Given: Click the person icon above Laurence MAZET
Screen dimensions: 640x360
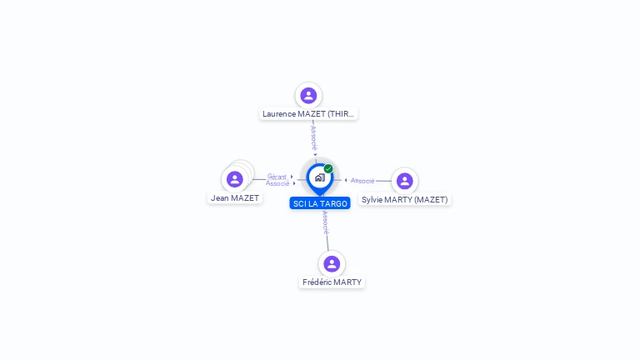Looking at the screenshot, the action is pyautogui.click(x=308, y=96).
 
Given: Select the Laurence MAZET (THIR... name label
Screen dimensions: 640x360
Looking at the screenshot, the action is pyautogui.click(x=308, y=114).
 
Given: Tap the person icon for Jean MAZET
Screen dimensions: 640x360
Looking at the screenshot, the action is pyautogui.click(x=235, y=179).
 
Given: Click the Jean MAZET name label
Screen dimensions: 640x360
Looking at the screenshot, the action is pyautogui.click(x=235, y=198).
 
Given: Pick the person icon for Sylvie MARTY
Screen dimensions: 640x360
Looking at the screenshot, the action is pyautogui.click(x=404, y=181).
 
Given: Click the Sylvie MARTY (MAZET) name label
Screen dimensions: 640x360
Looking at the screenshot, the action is pyautogui.click(x=404, y=200).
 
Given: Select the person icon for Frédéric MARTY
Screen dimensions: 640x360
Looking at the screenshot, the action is pyautogui.click(x=332, y=263).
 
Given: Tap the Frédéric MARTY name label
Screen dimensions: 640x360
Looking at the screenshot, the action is pyautogui.click(x=332, y=282).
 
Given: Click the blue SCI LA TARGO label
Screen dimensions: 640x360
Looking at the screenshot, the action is pyautogui.click(x=320, y=203).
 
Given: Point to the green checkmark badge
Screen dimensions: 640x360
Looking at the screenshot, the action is pyautogui.click(x=328, y=168).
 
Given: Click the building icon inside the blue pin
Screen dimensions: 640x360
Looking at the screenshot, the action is pyautogui.click(x=320, y=177).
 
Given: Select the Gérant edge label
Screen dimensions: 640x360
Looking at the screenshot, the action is pyautogui.click(x=277, y=177).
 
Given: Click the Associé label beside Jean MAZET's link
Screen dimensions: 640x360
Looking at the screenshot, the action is pyautogui.click(x=277, y=183).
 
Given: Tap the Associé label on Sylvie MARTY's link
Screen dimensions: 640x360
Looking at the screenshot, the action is pyautogui.click(x=362, y=180).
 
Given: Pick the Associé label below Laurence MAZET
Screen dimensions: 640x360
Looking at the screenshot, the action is pyautogui.click(x=313, y=138).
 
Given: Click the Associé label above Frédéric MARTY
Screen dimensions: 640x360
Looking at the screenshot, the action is pyautogui.click(x=325, y=222).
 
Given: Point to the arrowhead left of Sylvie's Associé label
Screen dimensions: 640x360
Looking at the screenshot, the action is pyautogui.click(x=346, y=180).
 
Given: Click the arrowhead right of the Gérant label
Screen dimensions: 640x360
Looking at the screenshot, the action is pyautogui.click(x=292, y=177).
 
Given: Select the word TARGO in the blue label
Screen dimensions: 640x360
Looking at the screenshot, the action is pyautogui.click(x=334, y=203).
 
